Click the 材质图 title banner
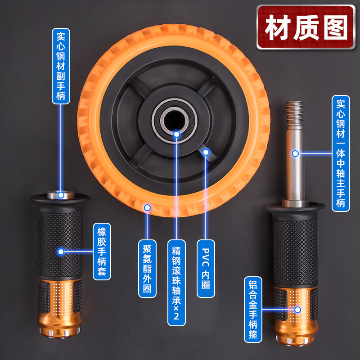click(x=306, y=27)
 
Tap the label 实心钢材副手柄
click(x=61, y=66)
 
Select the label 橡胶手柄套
click(x=101, y=252)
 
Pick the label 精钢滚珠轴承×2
click(x=176, y=282)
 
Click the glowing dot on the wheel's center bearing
click(x=176, y=134)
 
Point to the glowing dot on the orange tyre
click(x=147, y=207)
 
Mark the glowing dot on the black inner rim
click(x=206, y=152)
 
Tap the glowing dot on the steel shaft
click(x=295, y=153)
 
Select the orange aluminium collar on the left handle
click(x=60, y=306)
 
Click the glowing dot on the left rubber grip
click(x=61, y=252)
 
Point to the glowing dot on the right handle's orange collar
click(x=297, y=310)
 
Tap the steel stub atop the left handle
click(x=60, y=195)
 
